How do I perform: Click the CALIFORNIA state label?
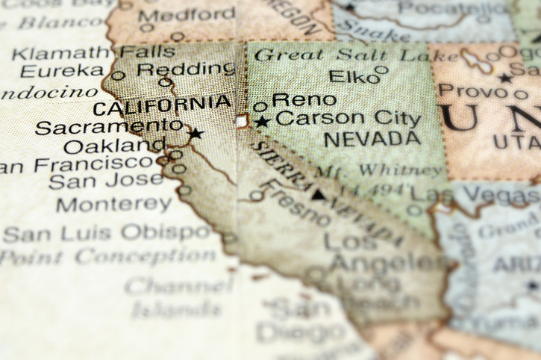tap(162, 105)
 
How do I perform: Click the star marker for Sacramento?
tap(196, 134)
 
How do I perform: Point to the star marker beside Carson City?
tap(261, 121)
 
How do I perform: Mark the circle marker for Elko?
tap(381, 69)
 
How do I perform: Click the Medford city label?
tap(187, 15)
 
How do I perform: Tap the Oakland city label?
tap(115, 145)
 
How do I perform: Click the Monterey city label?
tap(113, 204)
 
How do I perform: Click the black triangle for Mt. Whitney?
tap(319, 196)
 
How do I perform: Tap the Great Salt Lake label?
tap(344, 55)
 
